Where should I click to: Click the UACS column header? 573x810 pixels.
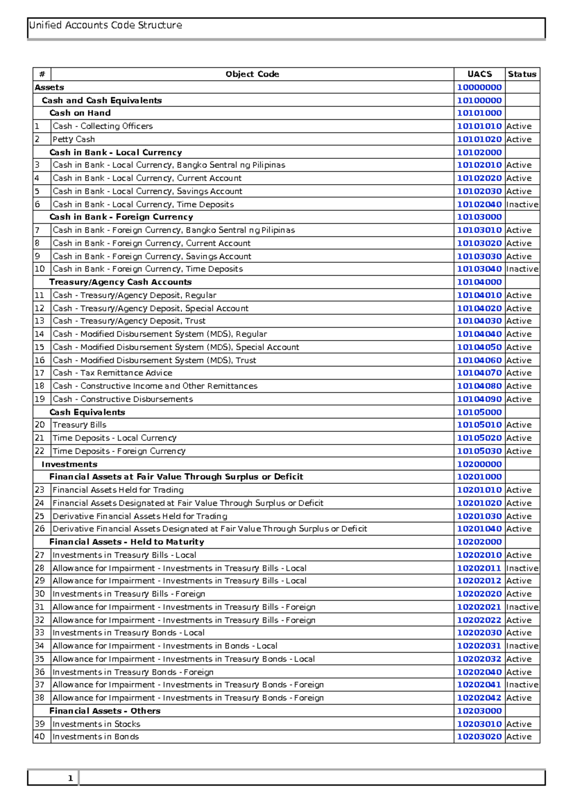pos(479,74)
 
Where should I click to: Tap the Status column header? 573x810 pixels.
pos(522,74)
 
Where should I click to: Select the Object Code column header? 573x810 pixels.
pos(252,74)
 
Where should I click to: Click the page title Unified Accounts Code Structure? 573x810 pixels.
pos(106,25)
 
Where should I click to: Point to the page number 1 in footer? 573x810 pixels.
pos(70,778)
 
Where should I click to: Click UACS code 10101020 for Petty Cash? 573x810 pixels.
pos(479,139)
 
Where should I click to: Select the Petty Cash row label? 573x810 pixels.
pos(74,139)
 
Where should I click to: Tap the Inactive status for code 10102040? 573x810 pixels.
pos(522,204)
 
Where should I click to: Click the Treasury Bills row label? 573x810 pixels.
pos(79,425)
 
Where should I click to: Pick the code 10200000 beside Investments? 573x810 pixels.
pos(479,464)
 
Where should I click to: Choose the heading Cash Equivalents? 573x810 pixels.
pos(87,412)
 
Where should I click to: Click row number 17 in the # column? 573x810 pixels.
pos(40,373)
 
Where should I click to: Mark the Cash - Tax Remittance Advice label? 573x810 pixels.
pos(112,373)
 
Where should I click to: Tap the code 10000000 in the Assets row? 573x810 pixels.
pos(479,87)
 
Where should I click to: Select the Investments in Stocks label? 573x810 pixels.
pos(96,724)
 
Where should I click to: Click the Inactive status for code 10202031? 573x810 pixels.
pos(522,646)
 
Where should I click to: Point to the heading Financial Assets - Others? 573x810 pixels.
pos(105,711)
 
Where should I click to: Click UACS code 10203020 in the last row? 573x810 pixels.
pos(479,737)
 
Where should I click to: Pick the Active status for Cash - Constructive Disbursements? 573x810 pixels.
pos(519,399)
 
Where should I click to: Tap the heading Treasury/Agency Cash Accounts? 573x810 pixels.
pos(120,282)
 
